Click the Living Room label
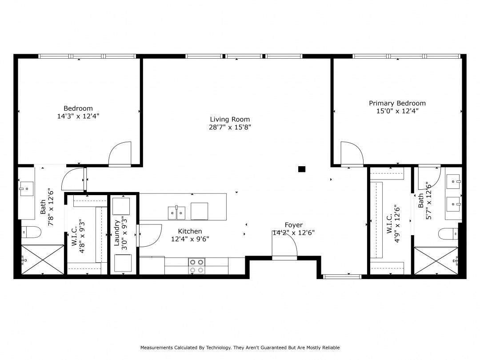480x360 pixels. (x=230, y=120)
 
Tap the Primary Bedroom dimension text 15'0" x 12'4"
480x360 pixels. (x=397, y=111)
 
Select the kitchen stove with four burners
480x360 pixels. (x=196, y=266)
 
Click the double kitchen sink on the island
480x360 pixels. (x=176, y=213)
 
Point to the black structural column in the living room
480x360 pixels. (x=302, y=169)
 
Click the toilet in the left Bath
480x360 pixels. (x=32, y=232)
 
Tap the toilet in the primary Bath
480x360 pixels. (x=448, y=234)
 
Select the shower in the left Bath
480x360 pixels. (x=43, y=260)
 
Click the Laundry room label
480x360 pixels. (x=116, y=233)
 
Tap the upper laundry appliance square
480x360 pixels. (x=121, y=206)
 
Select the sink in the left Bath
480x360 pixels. (x=27, y=188)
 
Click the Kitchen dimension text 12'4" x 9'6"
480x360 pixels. (x=190, y=239)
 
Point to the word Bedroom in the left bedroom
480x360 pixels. (x=78, y=108)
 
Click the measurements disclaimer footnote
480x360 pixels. (x=240, y=348)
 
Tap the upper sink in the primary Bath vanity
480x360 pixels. (x=453, y=181)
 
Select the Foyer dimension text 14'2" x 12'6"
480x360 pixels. (x=294, y=233)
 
